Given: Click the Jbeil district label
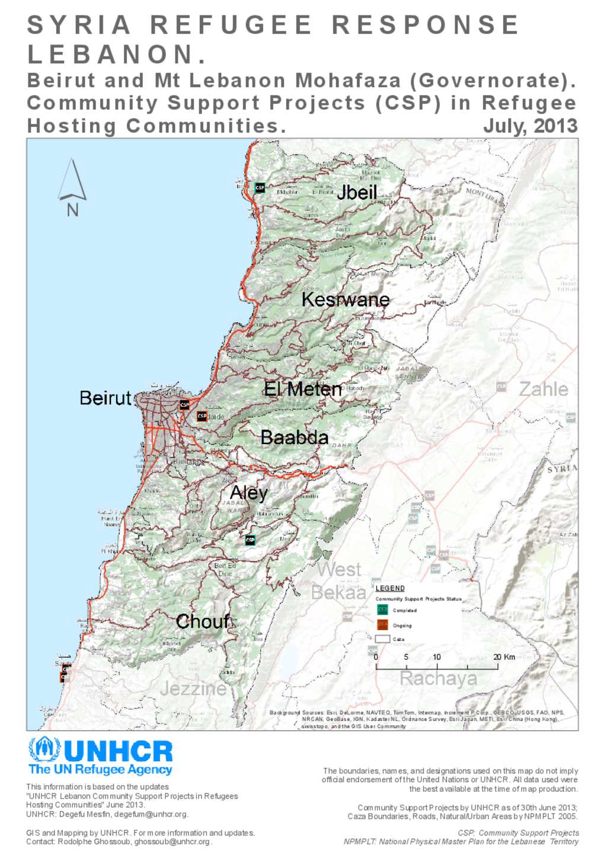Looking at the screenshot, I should (356, 192).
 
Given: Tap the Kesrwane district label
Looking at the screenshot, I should (345, 299).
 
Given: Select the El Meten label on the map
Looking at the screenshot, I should (302, 389).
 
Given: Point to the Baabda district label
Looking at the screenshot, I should (294, 438).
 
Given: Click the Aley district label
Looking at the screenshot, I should (248, 493).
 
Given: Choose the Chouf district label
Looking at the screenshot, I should (202, 621).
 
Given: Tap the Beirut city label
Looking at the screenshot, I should (105, 398).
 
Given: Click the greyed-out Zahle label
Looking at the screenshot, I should (543, 389).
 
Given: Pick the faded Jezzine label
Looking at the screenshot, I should (193, 688).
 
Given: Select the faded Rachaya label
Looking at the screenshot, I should (438, 678).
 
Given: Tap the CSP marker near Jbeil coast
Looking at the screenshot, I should (260, 187).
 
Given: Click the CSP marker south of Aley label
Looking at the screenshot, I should (250, 540).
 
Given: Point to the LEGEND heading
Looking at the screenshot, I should (390, 588).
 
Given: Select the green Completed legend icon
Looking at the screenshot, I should (382, 610).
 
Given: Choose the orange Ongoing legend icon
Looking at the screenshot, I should (382, 625).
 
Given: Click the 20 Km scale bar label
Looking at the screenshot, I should (504, 657).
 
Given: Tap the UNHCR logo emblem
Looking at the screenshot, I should (44, 751).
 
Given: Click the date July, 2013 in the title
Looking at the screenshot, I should (530, 126).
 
